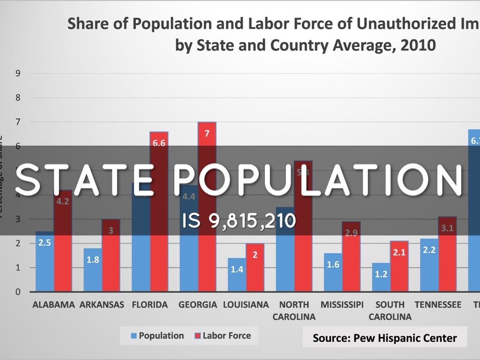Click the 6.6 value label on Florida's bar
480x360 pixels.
159,143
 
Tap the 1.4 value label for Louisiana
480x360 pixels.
237,270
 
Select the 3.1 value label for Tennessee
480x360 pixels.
447,228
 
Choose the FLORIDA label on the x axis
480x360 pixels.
150,305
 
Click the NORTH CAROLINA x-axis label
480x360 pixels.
294,310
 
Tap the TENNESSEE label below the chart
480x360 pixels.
438,305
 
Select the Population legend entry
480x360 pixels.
157,336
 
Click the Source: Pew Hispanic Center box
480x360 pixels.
384,337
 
